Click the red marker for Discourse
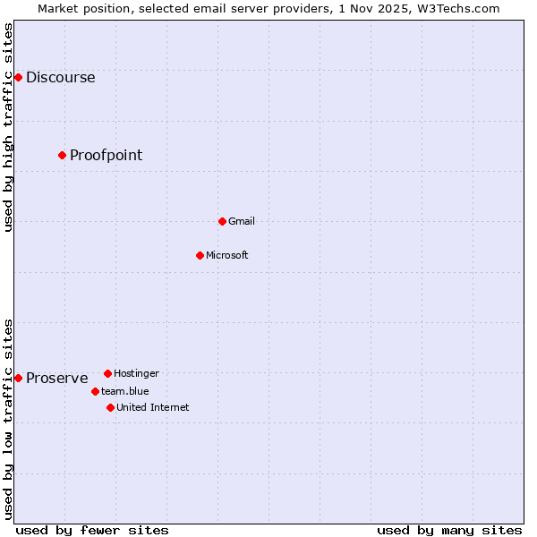[x=18, y=77]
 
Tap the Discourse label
[x=60, y=77]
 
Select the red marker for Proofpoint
[x=62, y=155]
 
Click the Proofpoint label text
[x=106, y=155]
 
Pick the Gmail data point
[x=222, y=221]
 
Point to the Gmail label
[x=241, y=221]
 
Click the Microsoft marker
[x=200, y=255]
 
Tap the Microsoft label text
[x=226, y=255]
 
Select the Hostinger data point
[x=107, y=373]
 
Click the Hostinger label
[x=136, y=373]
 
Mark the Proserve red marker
[x=18, y=378]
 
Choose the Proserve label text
[x=56, y=378]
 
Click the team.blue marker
[x=95, y=391]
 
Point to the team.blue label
[x=124, y=391]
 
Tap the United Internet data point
[x=110, y=407]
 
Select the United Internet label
[x=152, y=407]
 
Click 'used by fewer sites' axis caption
[x=92, y=530]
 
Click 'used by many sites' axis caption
[x=449, y=530]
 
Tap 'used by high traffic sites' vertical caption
[x=8, y=127]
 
